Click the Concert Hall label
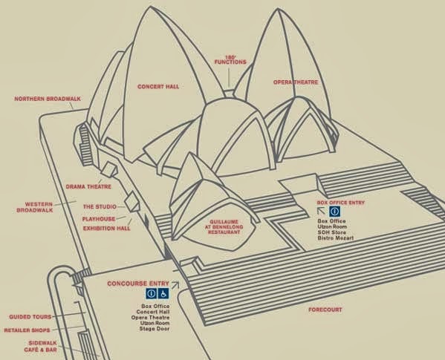coord(158,86)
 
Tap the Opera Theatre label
coord(296,82)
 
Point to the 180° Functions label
coord(230,59)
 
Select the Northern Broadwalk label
coord(48,99)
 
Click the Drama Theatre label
coord(88,186)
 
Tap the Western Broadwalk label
coord(35,207)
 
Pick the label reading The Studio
coord(100,206)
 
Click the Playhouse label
coord(99,219)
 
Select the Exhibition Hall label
coord(107,228)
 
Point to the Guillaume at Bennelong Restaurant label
coord(224,227)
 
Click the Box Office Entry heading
coord(340,203)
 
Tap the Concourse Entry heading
coord(138,284)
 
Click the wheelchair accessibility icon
coord(163,294)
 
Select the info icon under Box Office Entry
coord(335,212)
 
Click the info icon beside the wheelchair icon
coord(152,294)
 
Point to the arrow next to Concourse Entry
coord(175,285)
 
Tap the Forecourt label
coord(325,310)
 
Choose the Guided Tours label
coord(30,317)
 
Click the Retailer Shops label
coord(27,330)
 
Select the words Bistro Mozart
coord(336,238)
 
